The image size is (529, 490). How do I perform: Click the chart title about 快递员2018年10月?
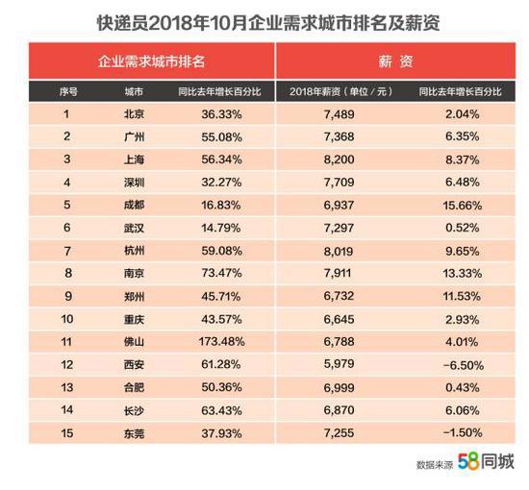268,23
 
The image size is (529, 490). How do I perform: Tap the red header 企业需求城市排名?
151,61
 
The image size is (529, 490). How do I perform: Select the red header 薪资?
395,61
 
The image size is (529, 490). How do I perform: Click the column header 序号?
68,91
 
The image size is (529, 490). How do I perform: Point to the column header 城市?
134,91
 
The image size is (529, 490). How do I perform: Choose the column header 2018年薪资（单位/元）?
341,91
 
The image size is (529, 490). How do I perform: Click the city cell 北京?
135,114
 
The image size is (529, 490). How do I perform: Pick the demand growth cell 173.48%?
221,342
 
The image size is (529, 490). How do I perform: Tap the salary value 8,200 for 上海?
340,159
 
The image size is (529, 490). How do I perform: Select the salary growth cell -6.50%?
464,365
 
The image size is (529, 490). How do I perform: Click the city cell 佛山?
135,342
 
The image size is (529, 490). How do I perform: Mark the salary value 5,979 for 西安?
340,364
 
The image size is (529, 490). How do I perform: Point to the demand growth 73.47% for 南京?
221,273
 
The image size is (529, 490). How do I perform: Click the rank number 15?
67,433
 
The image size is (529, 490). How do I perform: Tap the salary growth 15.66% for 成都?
463,205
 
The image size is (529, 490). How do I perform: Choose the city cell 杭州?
135,251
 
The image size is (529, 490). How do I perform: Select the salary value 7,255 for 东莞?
340,433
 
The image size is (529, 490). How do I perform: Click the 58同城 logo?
486,462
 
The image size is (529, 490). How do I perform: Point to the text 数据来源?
435,465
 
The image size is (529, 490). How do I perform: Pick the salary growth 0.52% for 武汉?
463,228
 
